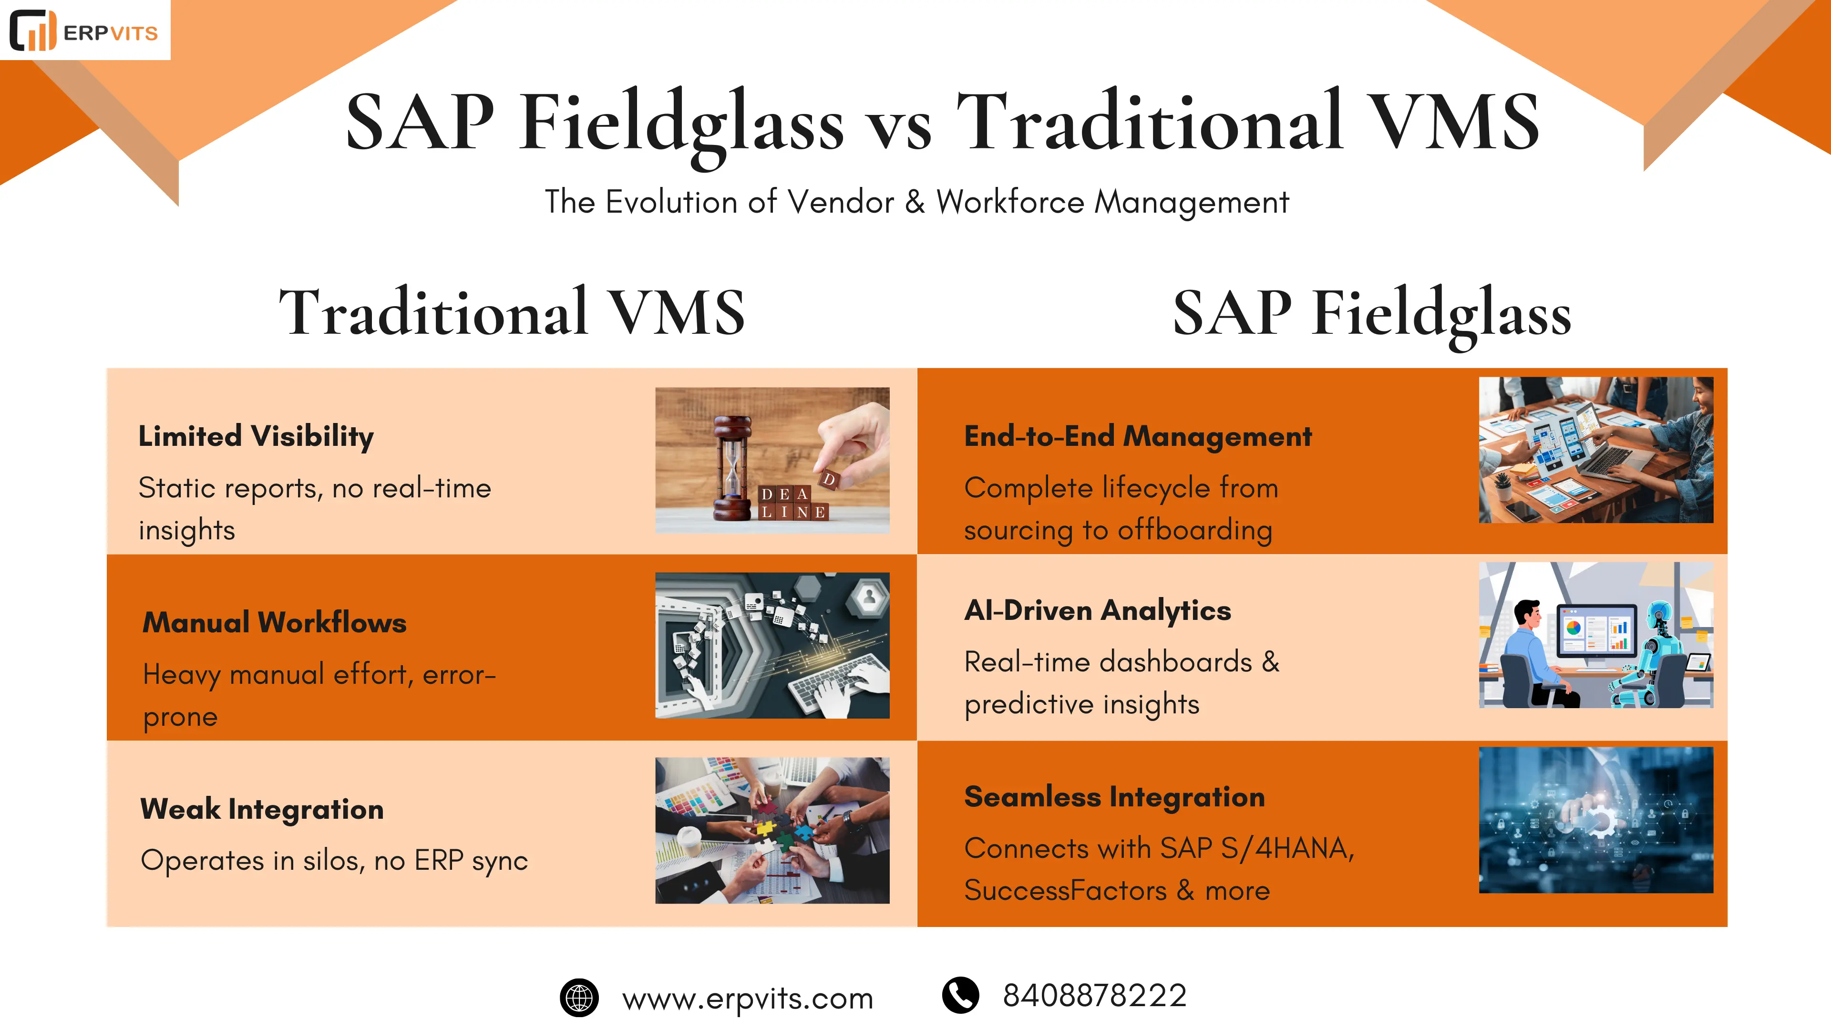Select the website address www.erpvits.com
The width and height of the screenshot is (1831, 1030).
pyautogui.click(x=747, y=999)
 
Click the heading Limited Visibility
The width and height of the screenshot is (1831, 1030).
pyautogui.click(x=256, y=436)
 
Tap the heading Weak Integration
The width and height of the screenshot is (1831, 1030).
pyautogui.click(x=262, y=809)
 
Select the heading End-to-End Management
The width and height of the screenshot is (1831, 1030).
pyautogui.click(x=1137, y=436)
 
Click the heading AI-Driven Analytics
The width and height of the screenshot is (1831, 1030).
pyautogui.click(x=1098, y=610)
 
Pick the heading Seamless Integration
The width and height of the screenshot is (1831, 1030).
pyautogui.click(x=1114, y=796)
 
